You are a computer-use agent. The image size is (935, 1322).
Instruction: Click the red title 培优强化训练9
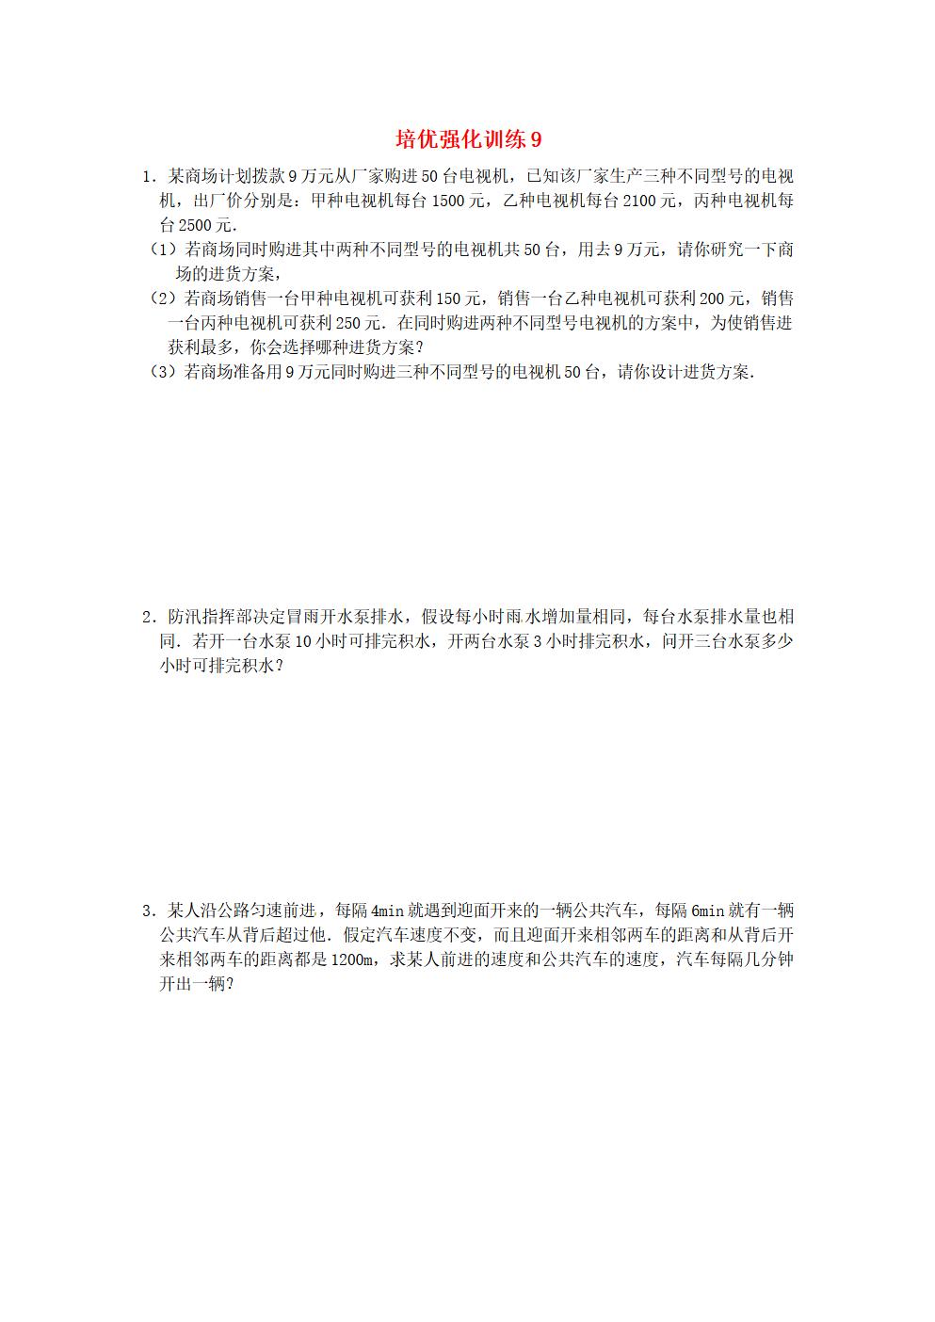click(x=468, y=140)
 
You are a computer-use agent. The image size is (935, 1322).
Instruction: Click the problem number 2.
click(x=147, y=618)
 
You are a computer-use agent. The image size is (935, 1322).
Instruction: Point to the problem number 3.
click(x=147, y=911)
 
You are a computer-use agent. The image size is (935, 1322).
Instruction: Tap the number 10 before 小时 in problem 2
click(x=303, y=642)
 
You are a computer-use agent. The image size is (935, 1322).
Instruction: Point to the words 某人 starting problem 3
click(x=179, y=911)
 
